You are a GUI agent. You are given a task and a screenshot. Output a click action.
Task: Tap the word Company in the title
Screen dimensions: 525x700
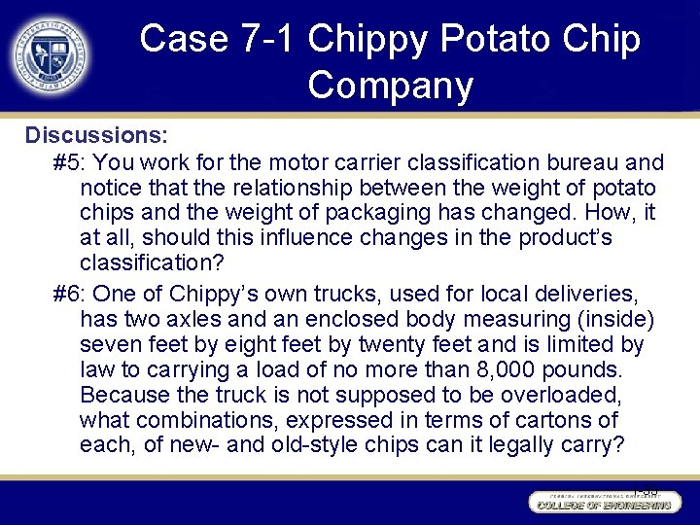pyautogui.click(x=390, y=85)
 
